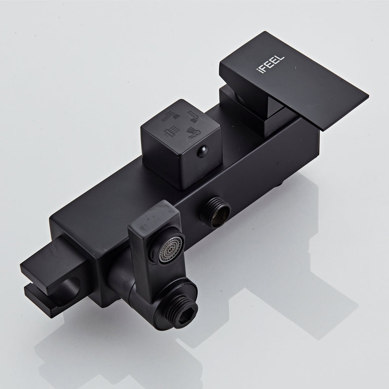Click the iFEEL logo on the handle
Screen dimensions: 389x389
click(x=270, y=65)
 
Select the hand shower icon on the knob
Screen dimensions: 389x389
click(x=171, y=116)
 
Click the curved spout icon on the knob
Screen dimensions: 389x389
click(x=193, y=117)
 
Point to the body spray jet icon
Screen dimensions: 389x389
click(x=194, y=133)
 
